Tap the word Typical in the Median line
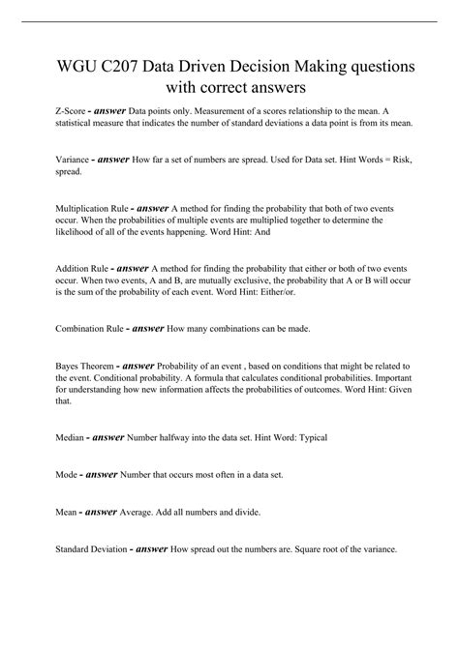pyautogui.click(x=311, y=437)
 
